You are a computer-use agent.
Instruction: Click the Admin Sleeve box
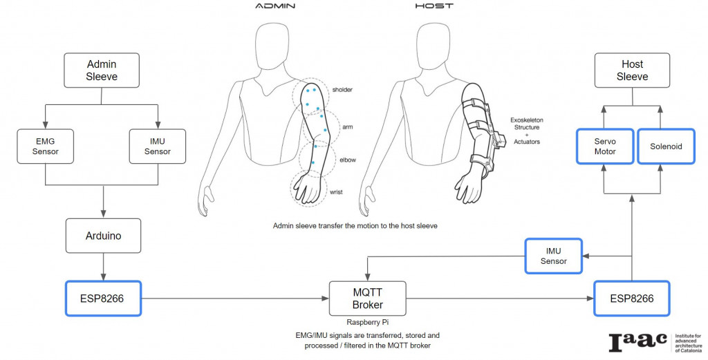click(x=102, y=70)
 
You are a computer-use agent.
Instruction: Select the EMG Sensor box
click(x=45, y=146)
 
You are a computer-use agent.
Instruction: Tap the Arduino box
click(x=104, y=236)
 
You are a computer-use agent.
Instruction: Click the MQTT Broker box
click(x=367, y=299)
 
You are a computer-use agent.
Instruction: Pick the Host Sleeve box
click(x=632, y=70)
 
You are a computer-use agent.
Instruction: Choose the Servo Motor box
click(x=605, y=146)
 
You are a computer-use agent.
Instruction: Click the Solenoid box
click(x=666, y=146)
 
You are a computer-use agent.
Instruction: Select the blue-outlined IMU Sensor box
click(x=553, y=255)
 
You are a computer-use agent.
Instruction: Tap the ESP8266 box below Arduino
click(x=103, y=299)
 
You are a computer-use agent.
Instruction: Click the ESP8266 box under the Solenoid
click(x=633, y=299)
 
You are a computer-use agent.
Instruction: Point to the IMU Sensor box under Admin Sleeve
click(x=158, y=146)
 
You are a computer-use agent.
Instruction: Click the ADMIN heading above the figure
click(x=275, y=6)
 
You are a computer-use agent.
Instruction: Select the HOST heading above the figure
click(x=434, y=6)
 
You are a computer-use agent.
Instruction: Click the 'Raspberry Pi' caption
click(x=366, y=322)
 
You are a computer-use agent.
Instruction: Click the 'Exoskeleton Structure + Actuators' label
click(x=525, y=131)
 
